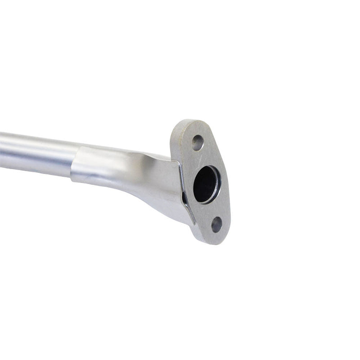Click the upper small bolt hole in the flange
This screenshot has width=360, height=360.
point(197,143)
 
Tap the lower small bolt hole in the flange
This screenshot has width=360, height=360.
point(216,224)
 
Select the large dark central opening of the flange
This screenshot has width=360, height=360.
point(206,184)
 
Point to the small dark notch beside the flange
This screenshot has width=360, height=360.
point(184,197)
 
